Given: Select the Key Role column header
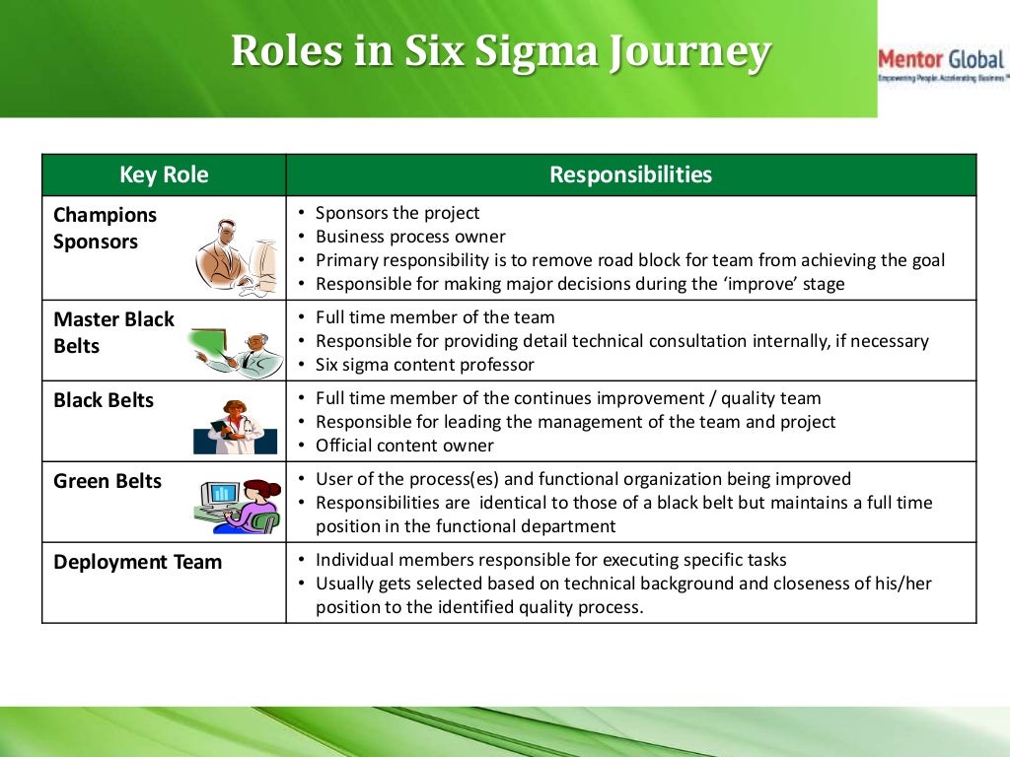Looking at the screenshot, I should pos(164,175).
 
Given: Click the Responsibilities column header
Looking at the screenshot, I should pos(630,175).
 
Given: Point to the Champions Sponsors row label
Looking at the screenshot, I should pos(105,228).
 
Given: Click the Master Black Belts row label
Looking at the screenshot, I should pos(112,332).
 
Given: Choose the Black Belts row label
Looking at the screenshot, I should pos(104,400).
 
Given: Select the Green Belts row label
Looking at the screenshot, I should pos(107,481).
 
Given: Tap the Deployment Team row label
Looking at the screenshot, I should pos(137,562).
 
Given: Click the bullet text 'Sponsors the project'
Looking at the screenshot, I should pos(397,213).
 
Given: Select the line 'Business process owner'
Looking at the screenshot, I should pos(409,237).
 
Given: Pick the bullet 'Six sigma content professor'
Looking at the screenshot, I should pos(424,365).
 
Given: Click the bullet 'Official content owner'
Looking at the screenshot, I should pos(404,446).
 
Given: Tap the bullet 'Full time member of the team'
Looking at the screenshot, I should pos(434,317).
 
